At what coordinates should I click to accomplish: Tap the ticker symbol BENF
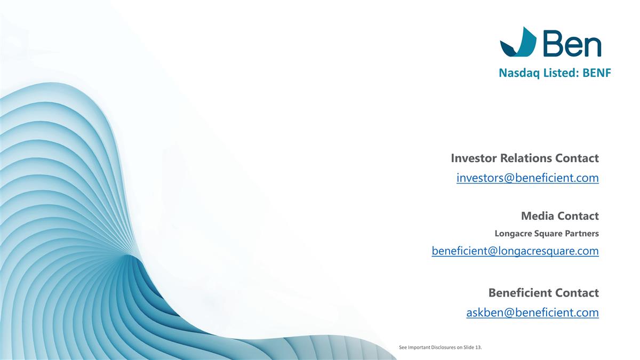pyautogui.click(x=596, y=74)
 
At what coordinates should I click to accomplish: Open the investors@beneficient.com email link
pyautogui.click(x=527, y=178)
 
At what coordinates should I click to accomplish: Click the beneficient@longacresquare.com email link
pyautogui.click(x=515, y=250)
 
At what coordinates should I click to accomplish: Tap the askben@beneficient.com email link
pyautogui.click(x=532, y=313)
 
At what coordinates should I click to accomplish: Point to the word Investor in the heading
pyautogui.click(x=475, y=158)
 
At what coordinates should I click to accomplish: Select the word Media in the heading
pyautogui.click(x=538, y=216)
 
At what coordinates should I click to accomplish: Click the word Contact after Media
pyautogui.click(x=578, y=216)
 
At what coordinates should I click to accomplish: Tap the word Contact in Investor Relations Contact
pyautogui.click(x=577, y=158)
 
